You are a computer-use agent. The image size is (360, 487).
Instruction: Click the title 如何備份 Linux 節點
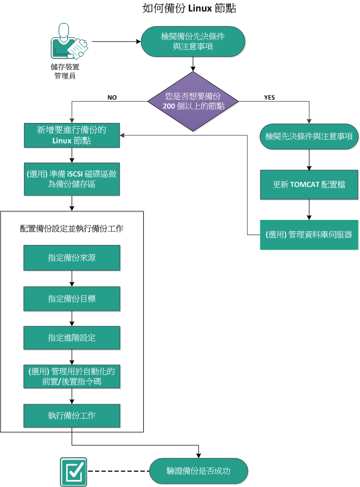(182, 9)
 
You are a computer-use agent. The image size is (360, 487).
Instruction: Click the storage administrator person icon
(68, 42)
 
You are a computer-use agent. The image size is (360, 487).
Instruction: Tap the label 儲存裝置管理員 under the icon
(64, 72)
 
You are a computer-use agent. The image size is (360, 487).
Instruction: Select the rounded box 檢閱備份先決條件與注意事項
(193, 42)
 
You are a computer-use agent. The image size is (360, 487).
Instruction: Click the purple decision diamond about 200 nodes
(194, 101)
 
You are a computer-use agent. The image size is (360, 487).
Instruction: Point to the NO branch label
(112, 98)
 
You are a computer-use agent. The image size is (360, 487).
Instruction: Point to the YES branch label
(269, 98)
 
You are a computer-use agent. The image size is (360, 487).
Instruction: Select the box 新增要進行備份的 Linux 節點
(72, 135)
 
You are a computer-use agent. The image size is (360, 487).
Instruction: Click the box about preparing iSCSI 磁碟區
(72, 180)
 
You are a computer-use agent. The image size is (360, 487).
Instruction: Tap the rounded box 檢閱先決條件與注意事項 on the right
(309, 137)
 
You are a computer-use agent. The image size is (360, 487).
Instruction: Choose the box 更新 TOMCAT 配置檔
(309, 184)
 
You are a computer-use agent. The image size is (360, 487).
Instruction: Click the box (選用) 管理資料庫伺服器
(309, 235)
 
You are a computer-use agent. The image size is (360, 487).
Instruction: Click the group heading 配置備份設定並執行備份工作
(72, 229)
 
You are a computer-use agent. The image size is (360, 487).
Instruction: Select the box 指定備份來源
(72, 258)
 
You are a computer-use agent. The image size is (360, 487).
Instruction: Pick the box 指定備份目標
(72, 298)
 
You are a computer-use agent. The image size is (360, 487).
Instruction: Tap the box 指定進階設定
(72, 337)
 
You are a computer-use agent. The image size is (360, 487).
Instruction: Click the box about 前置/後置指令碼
(72, 376)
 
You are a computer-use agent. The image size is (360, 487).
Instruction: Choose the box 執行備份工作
(72, 415)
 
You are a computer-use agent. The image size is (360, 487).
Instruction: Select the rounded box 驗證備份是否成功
(198, 471)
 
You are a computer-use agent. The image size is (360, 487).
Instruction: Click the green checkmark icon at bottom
(73, 470)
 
